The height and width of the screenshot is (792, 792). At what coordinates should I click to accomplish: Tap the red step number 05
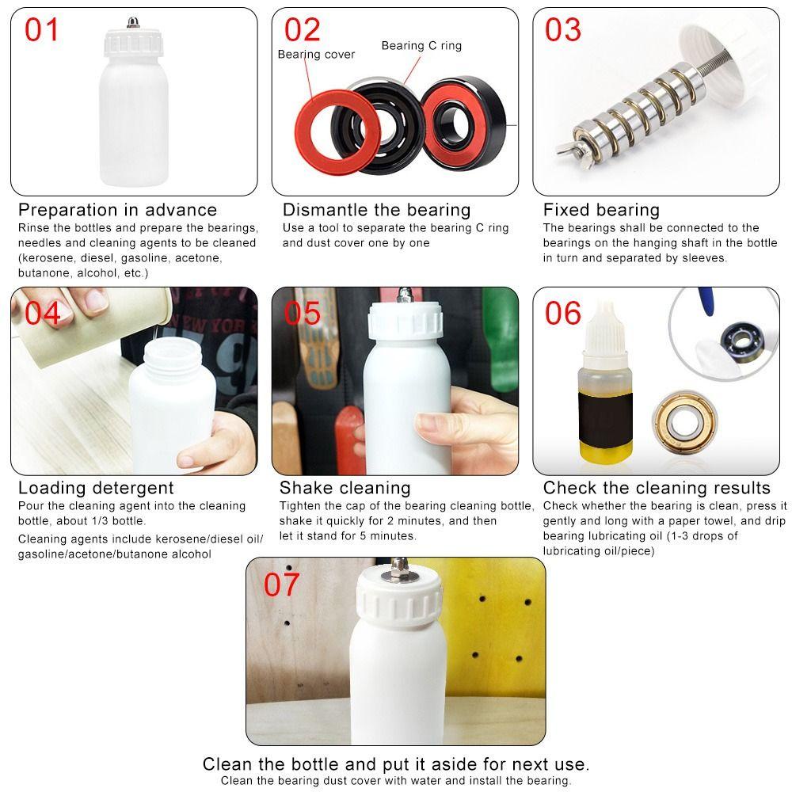tap(303, 313)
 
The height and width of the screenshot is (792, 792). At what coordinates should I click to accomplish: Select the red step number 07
tap(282, 584)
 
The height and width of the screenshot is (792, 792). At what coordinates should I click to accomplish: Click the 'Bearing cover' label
tap(316, 55)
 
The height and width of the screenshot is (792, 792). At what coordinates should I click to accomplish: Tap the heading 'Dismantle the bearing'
tap(376, 210)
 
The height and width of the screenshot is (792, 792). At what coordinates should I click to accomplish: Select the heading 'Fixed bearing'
tap(601, 210)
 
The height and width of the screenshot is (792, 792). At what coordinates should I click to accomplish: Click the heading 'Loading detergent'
tap(96, 488)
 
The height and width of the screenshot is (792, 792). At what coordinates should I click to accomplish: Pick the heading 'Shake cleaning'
tap(345, 488)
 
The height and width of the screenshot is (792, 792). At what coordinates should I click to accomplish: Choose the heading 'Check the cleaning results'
tap(657, 488)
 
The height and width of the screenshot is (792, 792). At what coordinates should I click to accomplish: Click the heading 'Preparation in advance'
tap(117, 210)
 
